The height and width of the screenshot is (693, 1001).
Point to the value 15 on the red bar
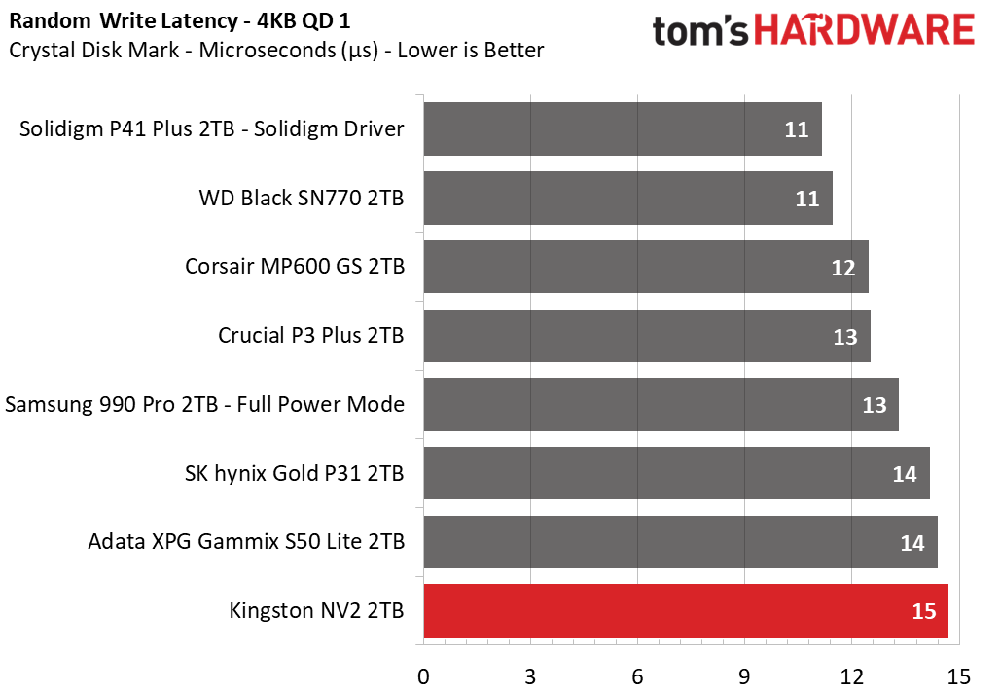tap(923, 611)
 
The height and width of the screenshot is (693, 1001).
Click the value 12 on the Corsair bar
tap(843, 268)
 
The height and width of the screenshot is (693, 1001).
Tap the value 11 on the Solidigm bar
tap(797, 129)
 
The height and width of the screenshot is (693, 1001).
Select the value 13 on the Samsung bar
tap(874, 405)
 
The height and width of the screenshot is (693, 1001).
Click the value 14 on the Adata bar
tap(912, 543)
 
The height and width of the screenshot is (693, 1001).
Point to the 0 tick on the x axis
tap(423, 675)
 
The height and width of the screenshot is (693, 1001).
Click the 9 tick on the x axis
tap(744, 675)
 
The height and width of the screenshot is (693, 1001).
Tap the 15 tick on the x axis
tap(957, 675)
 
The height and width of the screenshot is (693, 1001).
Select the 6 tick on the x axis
tap(637, 675)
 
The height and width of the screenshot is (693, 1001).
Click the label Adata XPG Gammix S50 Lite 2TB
tap(246, 542)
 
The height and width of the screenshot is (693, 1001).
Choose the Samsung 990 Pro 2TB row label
tap(205, 404)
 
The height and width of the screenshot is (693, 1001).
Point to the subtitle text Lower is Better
tap(476, 50)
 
